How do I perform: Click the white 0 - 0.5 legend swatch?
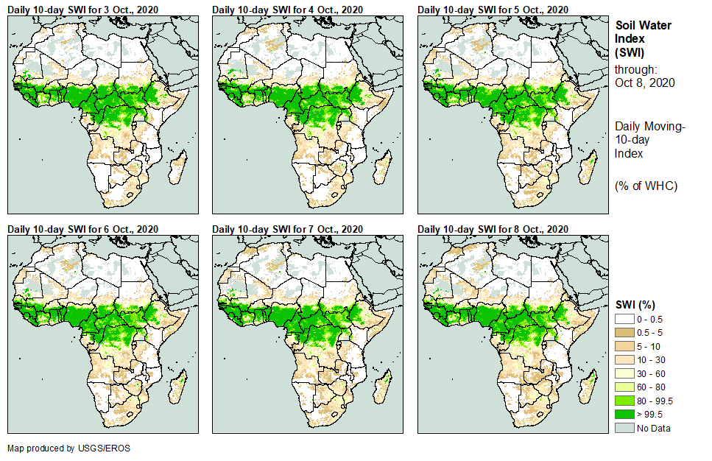pos(624,318)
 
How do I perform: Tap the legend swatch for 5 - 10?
pos(624,345)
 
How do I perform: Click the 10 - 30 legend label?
pos(654,359)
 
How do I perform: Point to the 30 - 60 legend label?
pos(654,373)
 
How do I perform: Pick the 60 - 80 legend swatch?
pos(624,387)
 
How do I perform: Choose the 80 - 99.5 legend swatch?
pos(624,401)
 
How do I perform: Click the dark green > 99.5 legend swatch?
pos(624,415)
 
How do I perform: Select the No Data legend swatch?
pos(624,428)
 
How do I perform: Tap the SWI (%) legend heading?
pos(635,304)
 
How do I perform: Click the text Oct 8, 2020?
pos(645,82)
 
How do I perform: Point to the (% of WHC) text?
pos(646,186)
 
